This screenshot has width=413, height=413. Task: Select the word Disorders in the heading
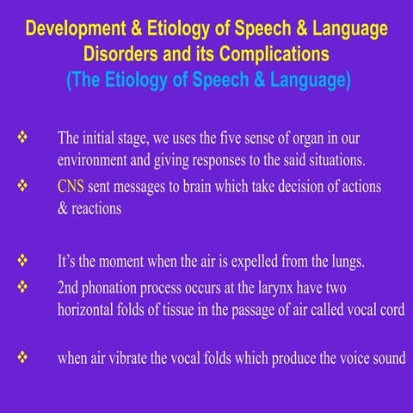(120, 52)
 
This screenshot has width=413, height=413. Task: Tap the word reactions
(105, 209)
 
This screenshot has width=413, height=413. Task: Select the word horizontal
(89, 307)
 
